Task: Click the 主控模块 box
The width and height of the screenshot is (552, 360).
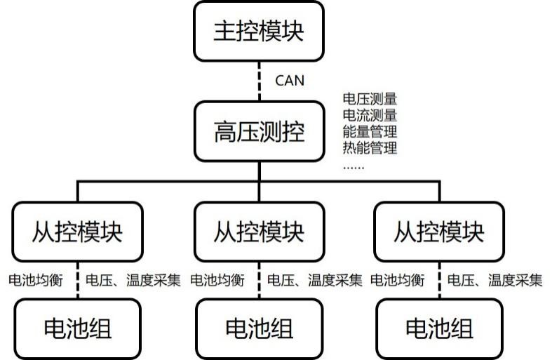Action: [260, 31]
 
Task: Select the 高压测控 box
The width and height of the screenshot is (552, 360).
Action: [260, 131]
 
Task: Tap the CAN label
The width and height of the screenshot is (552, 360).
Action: [289, 80]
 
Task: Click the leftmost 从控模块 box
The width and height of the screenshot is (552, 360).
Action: [77, 232]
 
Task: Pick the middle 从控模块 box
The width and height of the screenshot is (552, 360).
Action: [260, 232]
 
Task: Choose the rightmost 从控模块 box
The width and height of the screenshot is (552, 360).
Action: [440, 232]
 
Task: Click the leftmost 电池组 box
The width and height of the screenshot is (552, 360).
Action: [77, 328]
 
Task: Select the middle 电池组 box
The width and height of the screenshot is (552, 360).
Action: [260, 328]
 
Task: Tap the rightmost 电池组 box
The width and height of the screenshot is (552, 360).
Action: [440, 328]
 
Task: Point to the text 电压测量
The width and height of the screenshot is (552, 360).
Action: [370, 99]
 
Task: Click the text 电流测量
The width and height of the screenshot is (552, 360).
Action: [370, 115]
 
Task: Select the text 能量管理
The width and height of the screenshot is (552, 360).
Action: [370, 131]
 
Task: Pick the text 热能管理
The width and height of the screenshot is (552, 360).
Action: [370, 147]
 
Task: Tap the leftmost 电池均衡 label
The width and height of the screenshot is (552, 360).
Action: [36, 281]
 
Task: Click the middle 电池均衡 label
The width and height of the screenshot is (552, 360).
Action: [217, 281]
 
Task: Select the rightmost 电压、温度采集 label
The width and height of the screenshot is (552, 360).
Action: [495, 281]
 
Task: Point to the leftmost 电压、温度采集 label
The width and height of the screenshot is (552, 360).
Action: [133, 281]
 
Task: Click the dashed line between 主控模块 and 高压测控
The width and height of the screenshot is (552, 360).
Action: [260, 80]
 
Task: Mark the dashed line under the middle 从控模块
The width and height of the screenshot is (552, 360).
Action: [260, 281]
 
